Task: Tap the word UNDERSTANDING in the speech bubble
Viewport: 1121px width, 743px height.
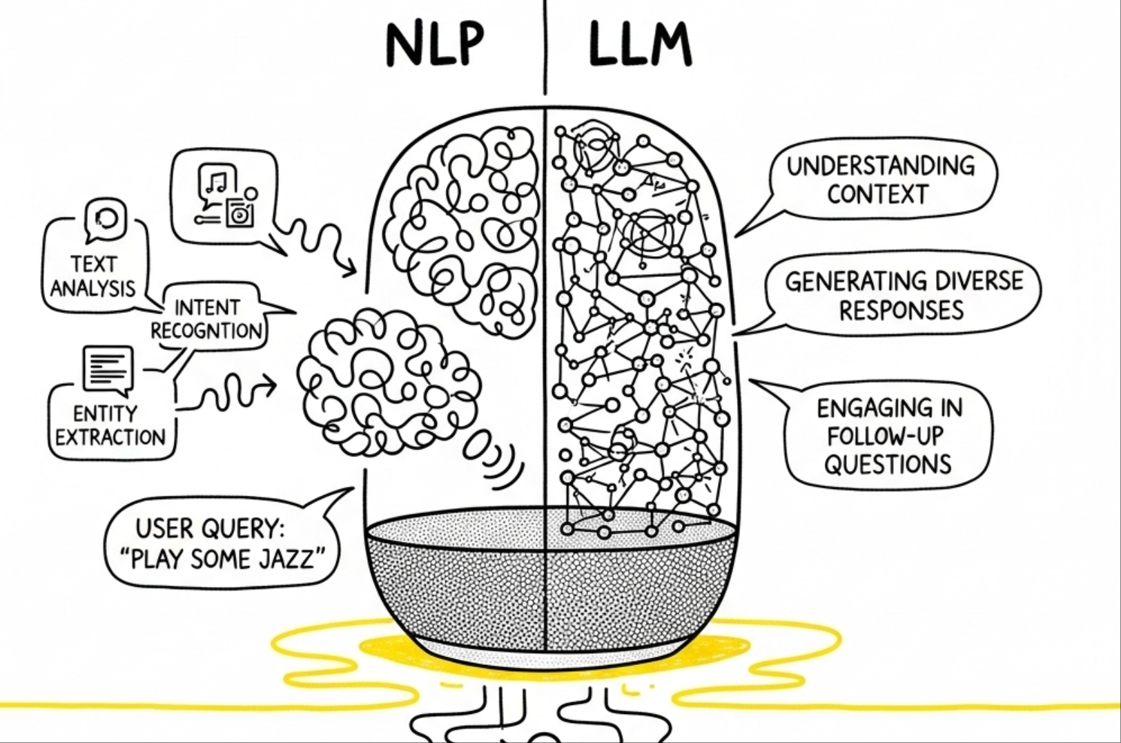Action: [x=880, y=166]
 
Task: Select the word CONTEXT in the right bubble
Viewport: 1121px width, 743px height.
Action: [x=877, y=195]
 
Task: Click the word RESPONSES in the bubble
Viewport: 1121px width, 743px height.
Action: [x=901, y=310]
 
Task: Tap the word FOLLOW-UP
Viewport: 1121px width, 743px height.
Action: [x=885, y=436]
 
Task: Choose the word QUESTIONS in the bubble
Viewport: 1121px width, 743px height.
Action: [x=888, y=464]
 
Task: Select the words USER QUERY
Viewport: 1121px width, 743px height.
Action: [x=210, y=529]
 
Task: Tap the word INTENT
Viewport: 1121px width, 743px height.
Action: [x=206, y=307]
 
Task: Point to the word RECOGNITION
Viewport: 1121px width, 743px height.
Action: [x=206, y=331]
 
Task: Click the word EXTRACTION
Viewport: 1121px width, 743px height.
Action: [x=110, y=437]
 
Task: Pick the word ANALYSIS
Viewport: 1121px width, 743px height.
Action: [x=92, y=288]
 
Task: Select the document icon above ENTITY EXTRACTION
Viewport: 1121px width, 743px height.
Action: [x=107, y=368]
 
